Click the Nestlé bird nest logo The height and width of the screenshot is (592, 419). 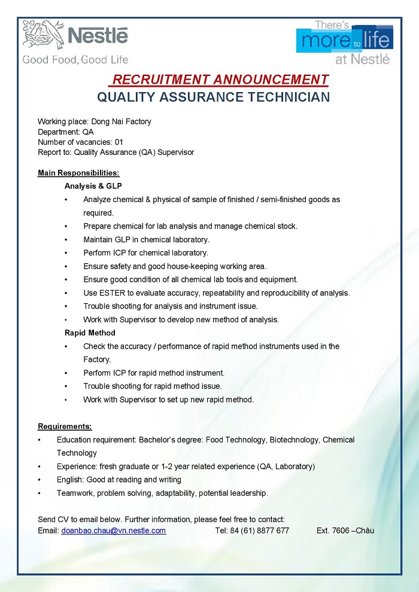coord(43,34)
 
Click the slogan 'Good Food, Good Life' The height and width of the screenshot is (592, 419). coord(75,59)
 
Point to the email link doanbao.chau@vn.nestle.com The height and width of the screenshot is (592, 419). coord(114,530)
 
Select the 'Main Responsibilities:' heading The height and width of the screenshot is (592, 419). coord(78,173)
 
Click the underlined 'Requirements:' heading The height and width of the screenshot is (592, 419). coord(65,426)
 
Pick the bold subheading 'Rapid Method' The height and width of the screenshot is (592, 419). coord(90,332)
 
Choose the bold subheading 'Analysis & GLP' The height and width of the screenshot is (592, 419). coord(93,186)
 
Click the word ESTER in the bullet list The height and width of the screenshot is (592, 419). coord(111,293)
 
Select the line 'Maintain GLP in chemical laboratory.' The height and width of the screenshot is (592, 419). coord(146,239)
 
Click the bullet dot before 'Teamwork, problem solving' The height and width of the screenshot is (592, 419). coord(40,493)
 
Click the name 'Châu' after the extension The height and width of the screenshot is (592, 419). coord(365,530)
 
